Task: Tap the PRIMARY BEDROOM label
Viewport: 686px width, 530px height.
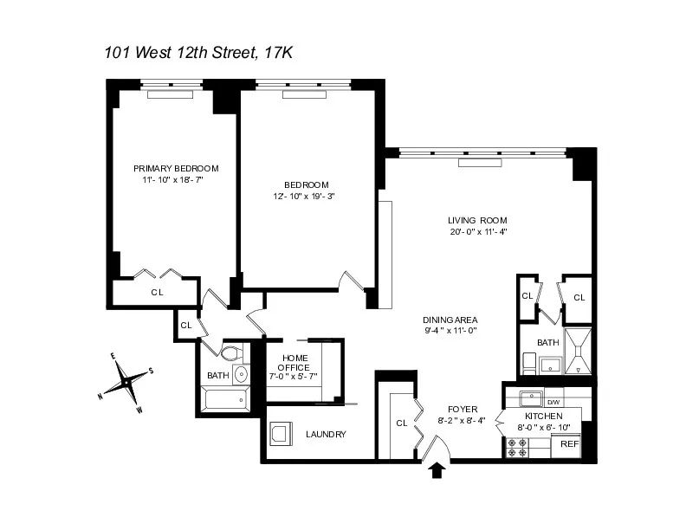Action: (x=176, y=168)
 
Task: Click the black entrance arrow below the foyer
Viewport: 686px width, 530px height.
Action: (x=438, y=470)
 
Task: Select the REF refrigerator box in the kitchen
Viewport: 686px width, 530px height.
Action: (x=569, y=443)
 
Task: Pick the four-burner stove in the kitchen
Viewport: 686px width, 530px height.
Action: (x=518, y=447)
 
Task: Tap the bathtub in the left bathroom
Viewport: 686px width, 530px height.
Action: (x=225, y=400)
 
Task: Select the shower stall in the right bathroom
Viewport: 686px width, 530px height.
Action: (x=578, y=352)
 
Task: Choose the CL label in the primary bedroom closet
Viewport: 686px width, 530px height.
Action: (x=157, y=292)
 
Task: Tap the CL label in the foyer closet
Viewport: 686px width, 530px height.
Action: (x=401, y=423)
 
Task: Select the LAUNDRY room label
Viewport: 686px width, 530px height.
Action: (x=327, y=434)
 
